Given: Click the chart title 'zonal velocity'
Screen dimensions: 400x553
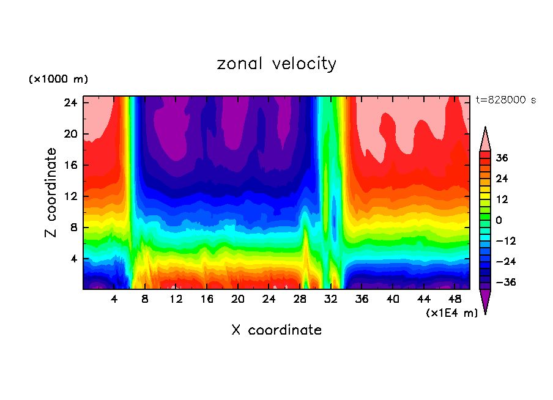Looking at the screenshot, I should point(276,64).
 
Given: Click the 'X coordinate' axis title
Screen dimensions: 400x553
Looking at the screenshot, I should point(276,330).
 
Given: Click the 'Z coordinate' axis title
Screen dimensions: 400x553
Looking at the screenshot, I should point(51,192).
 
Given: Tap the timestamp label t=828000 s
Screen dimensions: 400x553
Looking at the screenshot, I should point(505,100).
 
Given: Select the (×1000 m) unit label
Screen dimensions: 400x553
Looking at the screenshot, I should point(59,79).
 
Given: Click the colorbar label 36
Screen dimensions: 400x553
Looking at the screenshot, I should point(502,158).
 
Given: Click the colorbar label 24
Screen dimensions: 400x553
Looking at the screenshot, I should point(502,179).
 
